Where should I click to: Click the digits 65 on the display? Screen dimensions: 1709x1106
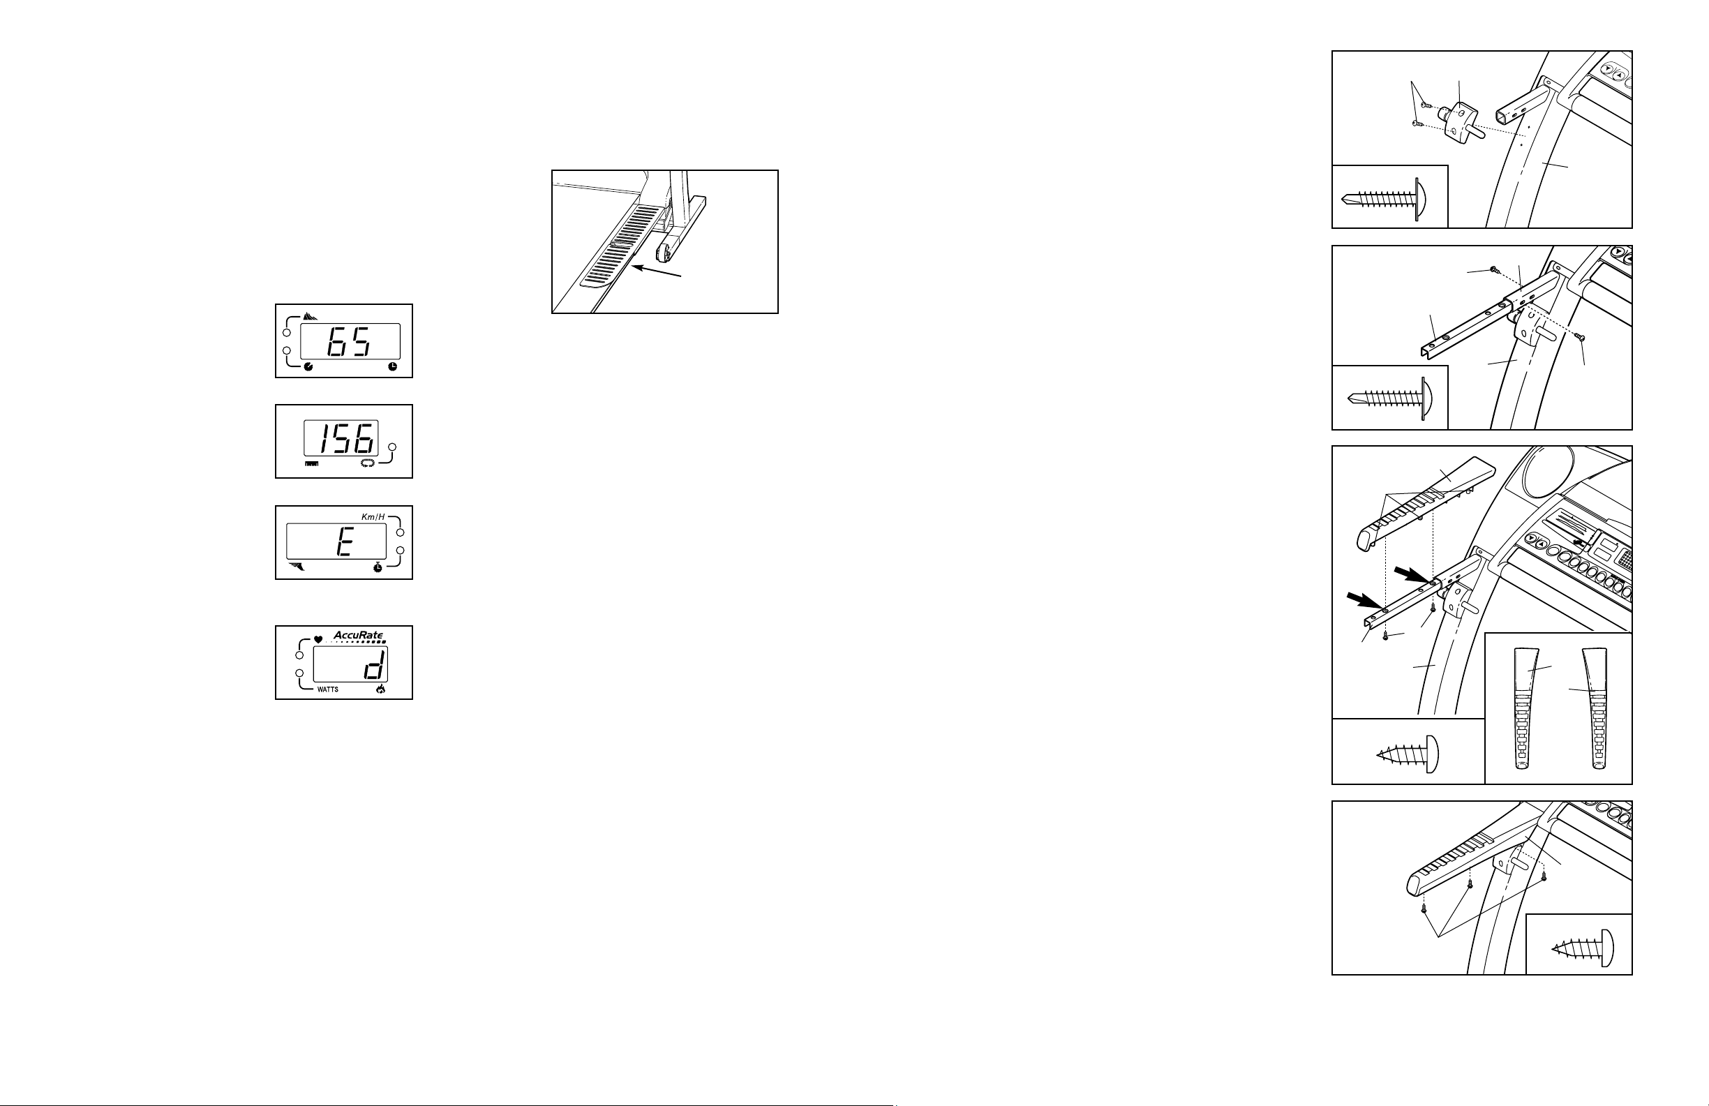[349, 342]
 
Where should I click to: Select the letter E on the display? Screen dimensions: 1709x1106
[343, 544]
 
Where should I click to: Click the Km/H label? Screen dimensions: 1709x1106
[373, 517]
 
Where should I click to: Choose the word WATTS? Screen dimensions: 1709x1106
[328, 689]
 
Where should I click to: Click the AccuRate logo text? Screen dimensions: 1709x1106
[358, 636]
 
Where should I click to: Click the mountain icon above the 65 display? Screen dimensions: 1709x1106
[311, 316]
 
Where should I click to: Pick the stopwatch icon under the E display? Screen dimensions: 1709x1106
[378, 568]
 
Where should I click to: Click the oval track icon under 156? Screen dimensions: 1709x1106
[368, 464]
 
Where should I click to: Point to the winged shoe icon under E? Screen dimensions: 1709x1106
[297, 567]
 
